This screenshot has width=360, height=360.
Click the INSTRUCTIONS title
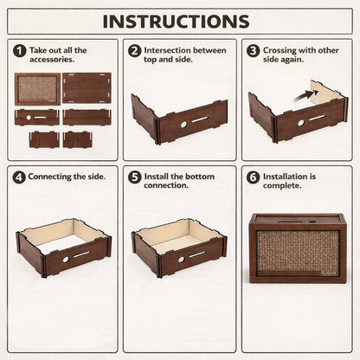point(176,22)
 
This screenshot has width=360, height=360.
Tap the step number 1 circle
point(20,51)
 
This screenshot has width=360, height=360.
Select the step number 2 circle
point(135,51)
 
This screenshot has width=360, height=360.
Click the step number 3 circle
point(253,51)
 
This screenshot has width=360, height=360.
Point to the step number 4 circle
point(19,177)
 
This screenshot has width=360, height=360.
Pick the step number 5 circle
point(135,177)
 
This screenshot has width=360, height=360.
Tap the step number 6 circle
point(253,177)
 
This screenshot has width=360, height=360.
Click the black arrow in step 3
point(305,96)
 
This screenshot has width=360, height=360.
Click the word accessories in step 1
point(52,60)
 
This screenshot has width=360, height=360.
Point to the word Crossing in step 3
point(280,50)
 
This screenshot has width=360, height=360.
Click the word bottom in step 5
point(201,177)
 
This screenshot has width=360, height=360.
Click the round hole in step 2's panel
point(183,125)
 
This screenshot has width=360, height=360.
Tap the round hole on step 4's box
point(66,260)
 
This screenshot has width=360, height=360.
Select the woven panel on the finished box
point(298,251)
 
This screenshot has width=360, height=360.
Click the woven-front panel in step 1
point(37,89)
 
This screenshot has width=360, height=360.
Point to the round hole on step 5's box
point(181,260)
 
